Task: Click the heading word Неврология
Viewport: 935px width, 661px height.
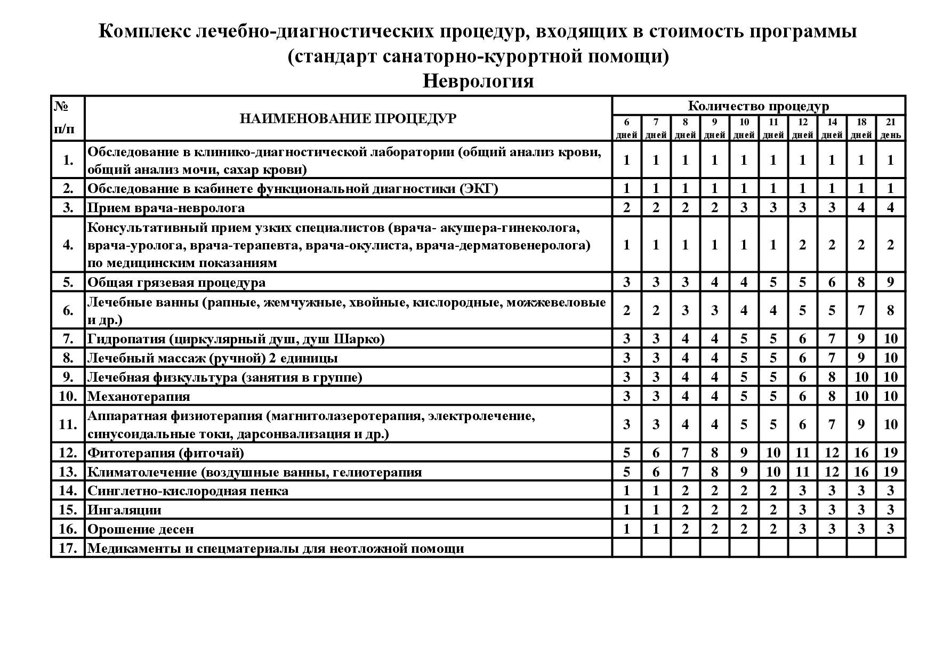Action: pyautogui.click(x=478, y=81)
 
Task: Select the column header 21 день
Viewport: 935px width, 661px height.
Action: pyautogui.click(x=890, y=128)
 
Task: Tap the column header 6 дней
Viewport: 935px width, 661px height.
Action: pyautogui.click(x=626, y=128)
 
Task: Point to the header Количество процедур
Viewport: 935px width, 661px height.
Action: pyautogui.click(x=758, y=106)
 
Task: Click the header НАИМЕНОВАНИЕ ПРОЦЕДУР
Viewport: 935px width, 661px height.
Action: pyautogui.click(x=348, y=118)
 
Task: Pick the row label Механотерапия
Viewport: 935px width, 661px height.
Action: pyautogui.click(x=139, y=396)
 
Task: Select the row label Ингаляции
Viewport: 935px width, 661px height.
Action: pyautogui.click(x=124, y=510)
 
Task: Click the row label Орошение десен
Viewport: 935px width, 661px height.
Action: pyautogui.click(x=140, y=529)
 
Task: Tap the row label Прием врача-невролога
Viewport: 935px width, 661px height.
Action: pyautogui.click(x=166, y=207)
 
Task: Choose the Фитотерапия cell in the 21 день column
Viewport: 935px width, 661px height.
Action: pyautogui.click(x=890, y=453)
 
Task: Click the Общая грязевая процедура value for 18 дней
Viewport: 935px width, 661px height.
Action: pyautogui.click(x=861, y=282)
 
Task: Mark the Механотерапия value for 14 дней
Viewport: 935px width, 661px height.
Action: pyautogui.click(x=832, y=396)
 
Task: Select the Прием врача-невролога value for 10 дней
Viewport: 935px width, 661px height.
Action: pyautogui.click(x=744, y=207)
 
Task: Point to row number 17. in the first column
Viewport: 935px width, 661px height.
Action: pyautogui.click(x=68, y=548)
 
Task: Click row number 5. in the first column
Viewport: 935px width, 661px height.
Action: pyautogui.click(x=68, y=282)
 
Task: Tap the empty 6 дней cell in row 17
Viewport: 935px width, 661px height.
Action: pyautogui.click(x=626, y=548)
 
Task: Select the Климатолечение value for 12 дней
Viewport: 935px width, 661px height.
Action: pyautogui.click(x=802, y=472)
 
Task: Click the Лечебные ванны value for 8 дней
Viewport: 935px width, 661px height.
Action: pyautogui.click(x=685, y=310)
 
